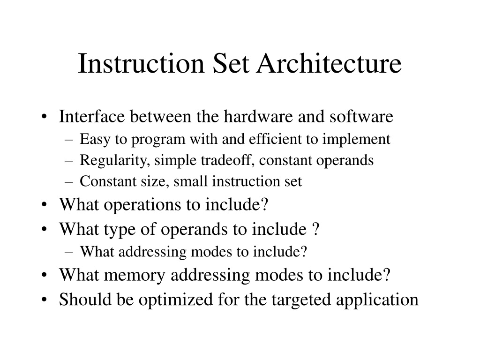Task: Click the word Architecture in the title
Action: coord(329,63)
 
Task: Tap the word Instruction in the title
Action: coord(141,63)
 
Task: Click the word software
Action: coord(361,116)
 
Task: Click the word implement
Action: coord(356,140)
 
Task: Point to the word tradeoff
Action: coord(226,160)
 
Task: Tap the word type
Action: coord(120,230)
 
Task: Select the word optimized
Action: coord(176,300)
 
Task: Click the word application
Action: coord(377,300)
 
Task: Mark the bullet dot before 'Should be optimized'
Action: coord(45,300)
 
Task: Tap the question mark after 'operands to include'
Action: coord(316,229)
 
